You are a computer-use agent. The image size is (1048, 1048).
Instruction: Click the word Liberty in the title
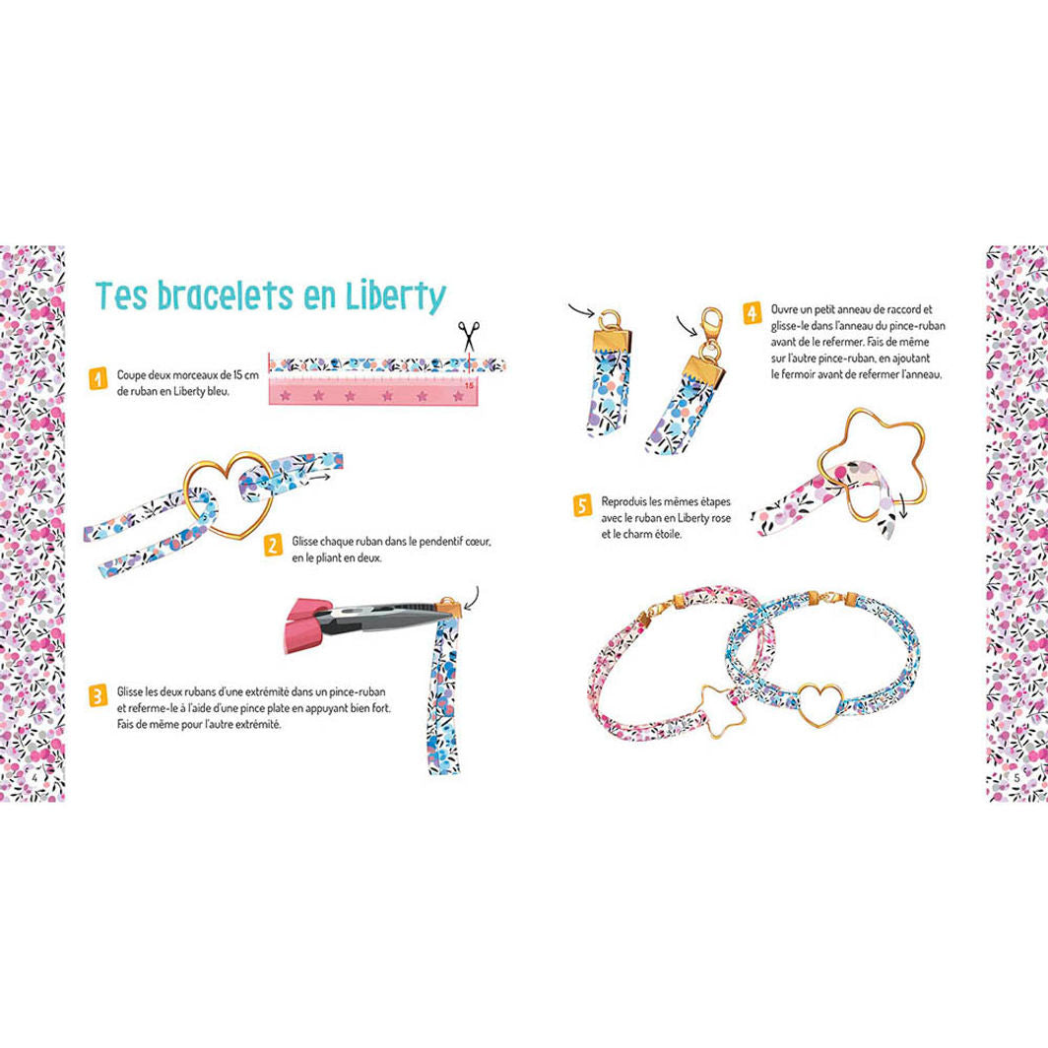pyautogui.click(x=389, y=295)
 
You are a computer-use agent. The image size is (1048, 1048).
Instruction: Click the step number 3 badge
pyautogui.click(x=98, y=696)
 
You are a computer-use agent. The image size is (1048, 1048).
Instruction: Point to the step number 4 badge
pyautogui.click(x=752, y=314)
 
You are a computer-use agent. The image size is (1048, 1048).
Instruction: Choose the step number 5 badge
pyautogui.click(x=583, y=506)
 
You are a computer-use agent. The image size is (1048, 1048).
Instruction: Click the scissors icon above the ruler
pyautogui.click(x=470, y=337)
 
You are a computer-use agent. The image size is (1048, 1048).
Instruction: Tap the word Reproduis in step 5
pyautogui.click(x=626, y=501)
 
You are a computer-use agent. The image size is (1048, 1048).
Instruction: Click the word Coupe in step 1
pyautogui.click(x=132, y=375)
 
